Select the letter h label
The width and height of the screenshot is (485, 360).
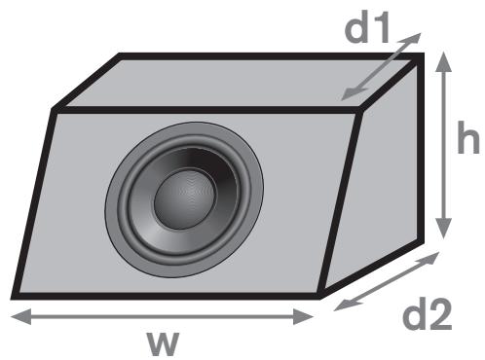pyautogui.click(x=469, y=142)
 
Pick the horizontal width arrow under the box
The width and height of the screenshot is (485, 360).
pyautogui.click(x=162, y=315)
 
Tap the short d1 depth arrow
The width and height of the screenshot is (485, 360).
pyautogui.click(x=381, y=66)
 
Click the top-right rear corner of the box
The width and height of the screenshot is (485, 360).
pyautogui.click(x=422, y=57)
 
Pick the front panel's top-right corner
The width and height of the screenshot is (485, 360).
pyautogui.click(x=361, y=109)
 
